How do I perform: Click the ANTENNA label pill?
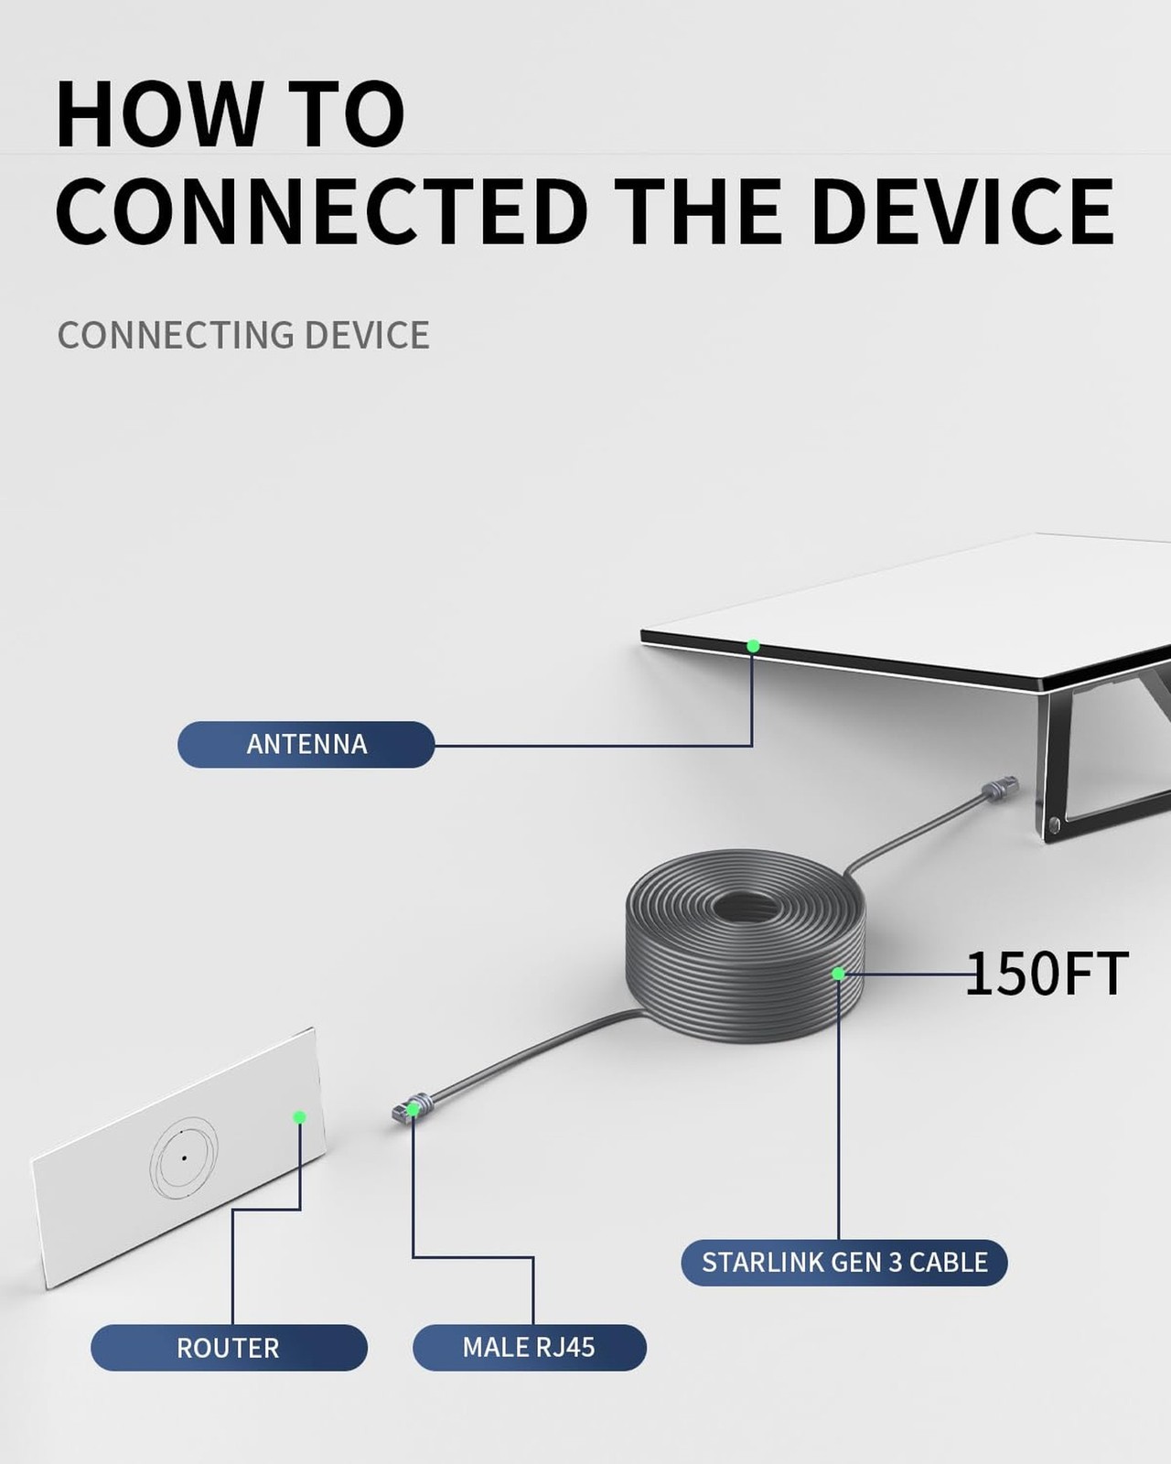coord(306,744)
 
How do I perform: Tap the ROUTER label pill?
coord(229,1348)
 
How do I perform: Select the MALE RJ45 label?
coord(529,1348)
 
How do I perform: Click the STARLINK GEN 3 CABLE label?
coord(843,1263)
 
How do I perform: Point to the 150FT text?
coord(1047,974)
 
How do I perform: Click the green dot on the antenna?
coord(753,646)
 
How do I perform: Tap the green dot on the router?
coord(299,1117)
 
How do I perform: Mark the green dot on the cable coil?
coord(838,974)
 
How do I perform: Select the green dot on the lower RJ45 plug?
coord(413,1110)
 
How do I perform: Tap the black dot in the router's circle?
coord(184,1158)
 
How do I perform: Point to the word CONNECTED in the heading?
coord(321,211)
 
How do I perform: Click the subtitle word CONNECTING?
coord(175,335)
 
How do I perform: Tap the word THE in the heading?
coord(698,211)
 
